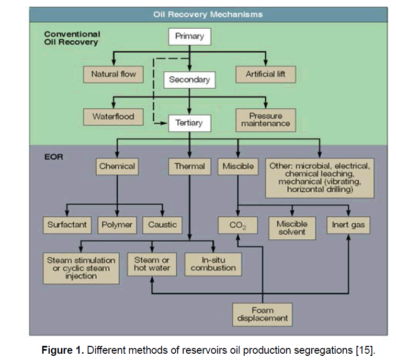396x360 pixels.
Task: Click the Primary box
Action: click(x=189, y=37)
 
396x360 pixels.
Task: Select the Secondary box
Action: click(x=189, y=80)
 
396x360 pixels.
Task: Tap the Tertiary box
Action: click(x=189, y=123)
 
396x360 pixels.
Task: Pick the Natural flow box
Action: click(x=114, y=74)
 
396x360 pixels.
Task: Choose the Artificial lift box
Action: click(x=266, y=74)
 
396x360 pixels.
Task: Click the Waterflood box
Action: click(x=114, y=117)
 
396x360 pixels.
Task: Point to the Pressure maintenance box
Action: click(x=266, y=120)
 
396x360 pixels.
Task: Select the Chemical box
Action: click(x=117, y=167)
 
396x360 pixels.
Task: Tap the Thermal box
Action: click(x=189, y=167)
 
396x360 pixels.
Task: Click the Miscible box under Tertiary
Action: click(x=238, y=167)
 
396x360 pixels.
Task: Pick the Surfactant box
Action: click(x=66, y=225)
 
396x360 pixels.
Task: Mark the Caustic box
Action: click(x=162, y=225)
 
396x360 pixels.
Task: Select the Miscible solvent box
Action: click(x=291, y=228)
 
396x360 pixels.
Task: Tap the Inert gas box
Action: click(x=349, y=226)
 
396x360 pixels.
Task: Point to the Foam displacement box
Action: click(x=262, y=314)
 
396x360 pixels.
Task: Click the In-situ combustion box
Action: click(x=213, y=264)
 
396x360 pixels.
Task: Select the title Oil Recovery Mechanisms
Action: click(x=208, y=14)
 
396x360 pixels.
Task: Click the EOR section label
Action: click(x=54, y=156)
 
